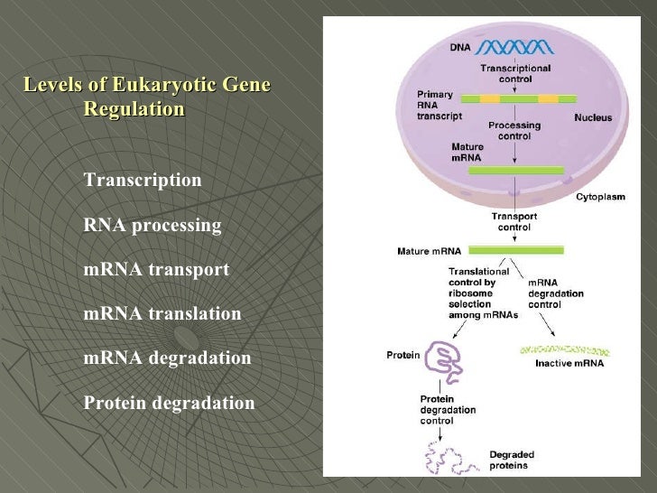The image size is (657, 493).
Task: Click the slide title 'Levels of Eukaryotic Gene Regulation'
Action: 146,98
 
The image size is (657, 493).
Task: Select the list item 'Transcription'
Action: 143,180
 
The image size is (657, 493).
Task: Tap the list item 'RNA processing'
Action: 152,225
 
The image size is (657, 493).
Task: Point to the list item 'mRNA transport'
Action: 156,270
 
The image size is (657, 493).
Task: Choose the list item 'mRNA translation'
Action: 162,314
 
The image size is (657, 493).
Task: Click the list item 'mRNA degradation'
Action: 167,358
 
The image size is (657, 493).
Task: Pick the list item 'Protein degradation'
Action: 169,403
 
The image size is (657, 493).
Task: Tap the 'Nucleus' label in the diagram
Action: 593,117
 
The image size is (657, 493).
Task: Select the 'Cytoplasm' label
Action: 601,196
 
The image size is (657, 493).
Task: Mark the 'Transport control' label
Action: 514,222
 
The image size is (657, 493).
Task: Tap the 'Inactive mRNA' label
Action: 569,364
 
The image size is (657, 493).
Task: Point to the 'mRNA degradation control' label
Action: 555,293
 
